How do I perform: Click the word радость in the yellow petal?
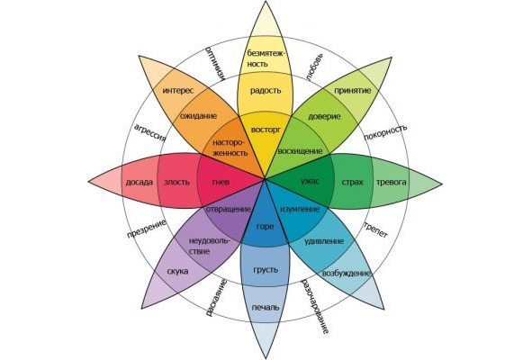click(266, 91)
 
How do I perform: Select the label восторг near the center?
click(266, 130)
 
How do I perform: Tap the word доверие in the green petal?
click(324, 117)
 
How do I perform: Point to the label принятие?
click(353, 91)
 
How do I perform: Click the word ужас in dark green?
click(310, 182)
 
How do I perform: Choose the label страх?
click(352, 182)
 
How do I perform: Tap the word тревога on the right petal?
click(392, 182)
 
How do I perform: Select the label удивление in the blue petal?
click(324, 241)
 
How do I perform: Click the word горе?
click(265, 227)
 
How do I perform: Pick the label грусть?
click(266, 270)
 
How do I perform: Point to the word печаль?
click(266, 308)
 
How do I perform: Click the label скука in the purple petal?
click(177, 272)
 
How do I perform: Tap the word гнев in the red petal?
click(221, 182)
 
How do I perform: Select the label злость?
click(176, 182)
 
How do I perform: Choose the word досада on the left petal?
click(140, 183)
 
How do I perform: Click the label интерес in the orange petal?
click(178, 91)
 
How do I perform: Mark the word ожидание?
click(198, 116)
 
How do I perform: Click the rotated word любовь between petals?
click(314, 67)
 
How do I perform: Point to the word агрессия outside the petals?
click(150, 132)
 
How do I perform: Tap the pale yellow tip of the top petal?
click(265, 17)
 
